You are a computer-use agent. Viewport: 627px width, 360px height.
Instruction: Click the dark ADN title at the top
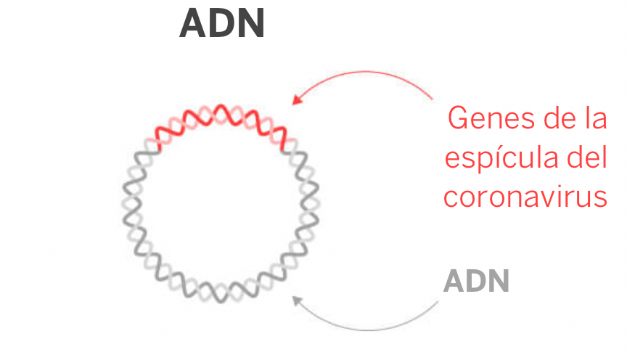click(x=222, y=25)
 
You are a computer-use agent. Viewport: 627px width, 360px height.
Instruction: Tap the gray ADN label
click(x=476, y=282)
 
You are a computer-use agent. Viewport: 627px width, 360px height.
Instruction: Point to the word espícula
click(x=495, y=158)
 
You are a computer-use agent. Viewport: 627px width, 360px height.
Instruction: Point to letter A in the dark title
click(x=193, y=25)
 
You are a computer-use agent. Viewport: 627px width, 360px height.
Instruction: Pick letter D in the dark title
click(x=222, y=25)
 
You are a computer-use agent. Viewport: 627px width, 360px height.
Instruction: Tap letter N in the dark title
click(x=251, y=25)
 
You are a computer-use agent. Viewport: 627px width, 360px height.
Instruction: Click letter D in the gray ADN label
click(x=476, y=282)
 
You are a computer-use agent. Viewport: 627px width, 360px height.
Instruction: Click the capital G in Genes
click(x=459, y=118)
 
